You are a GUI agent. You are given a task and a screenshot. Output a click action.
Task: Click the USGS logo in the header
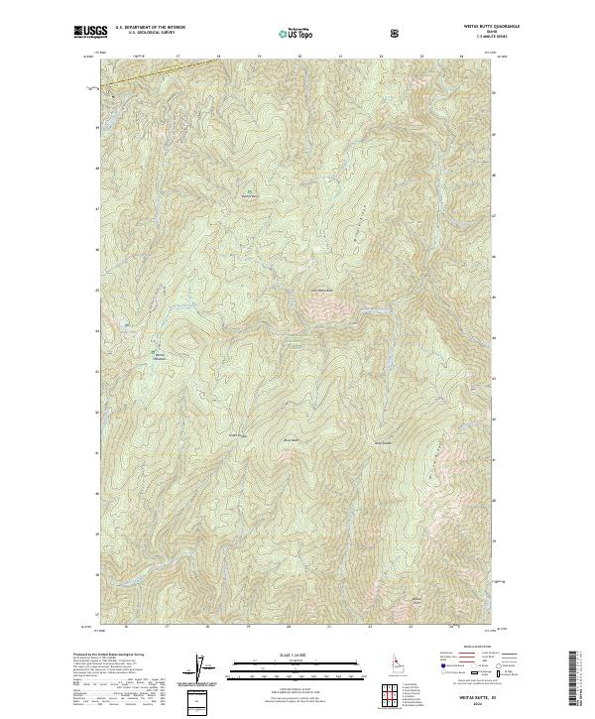[x=89, y=33]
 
